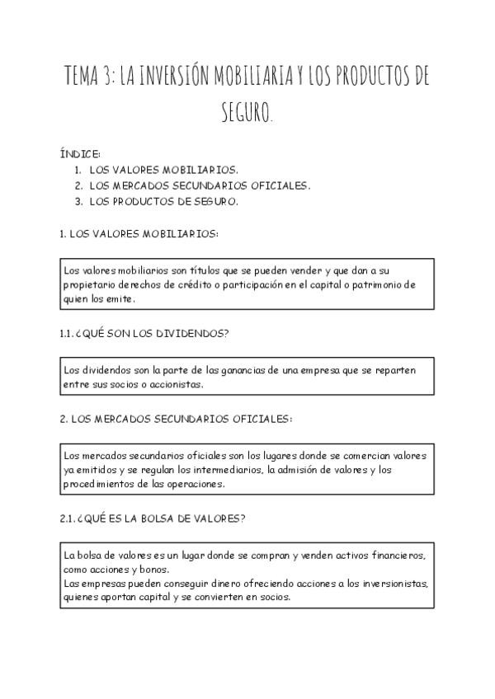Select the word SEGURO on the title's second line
point(247,111)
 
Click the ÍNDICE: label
point(80,154)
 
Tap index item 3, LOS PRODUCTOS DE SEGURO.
point(163,201)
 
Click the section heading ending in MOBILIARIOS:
point(139,233)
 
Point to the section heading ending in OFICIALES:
point(177,419)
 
